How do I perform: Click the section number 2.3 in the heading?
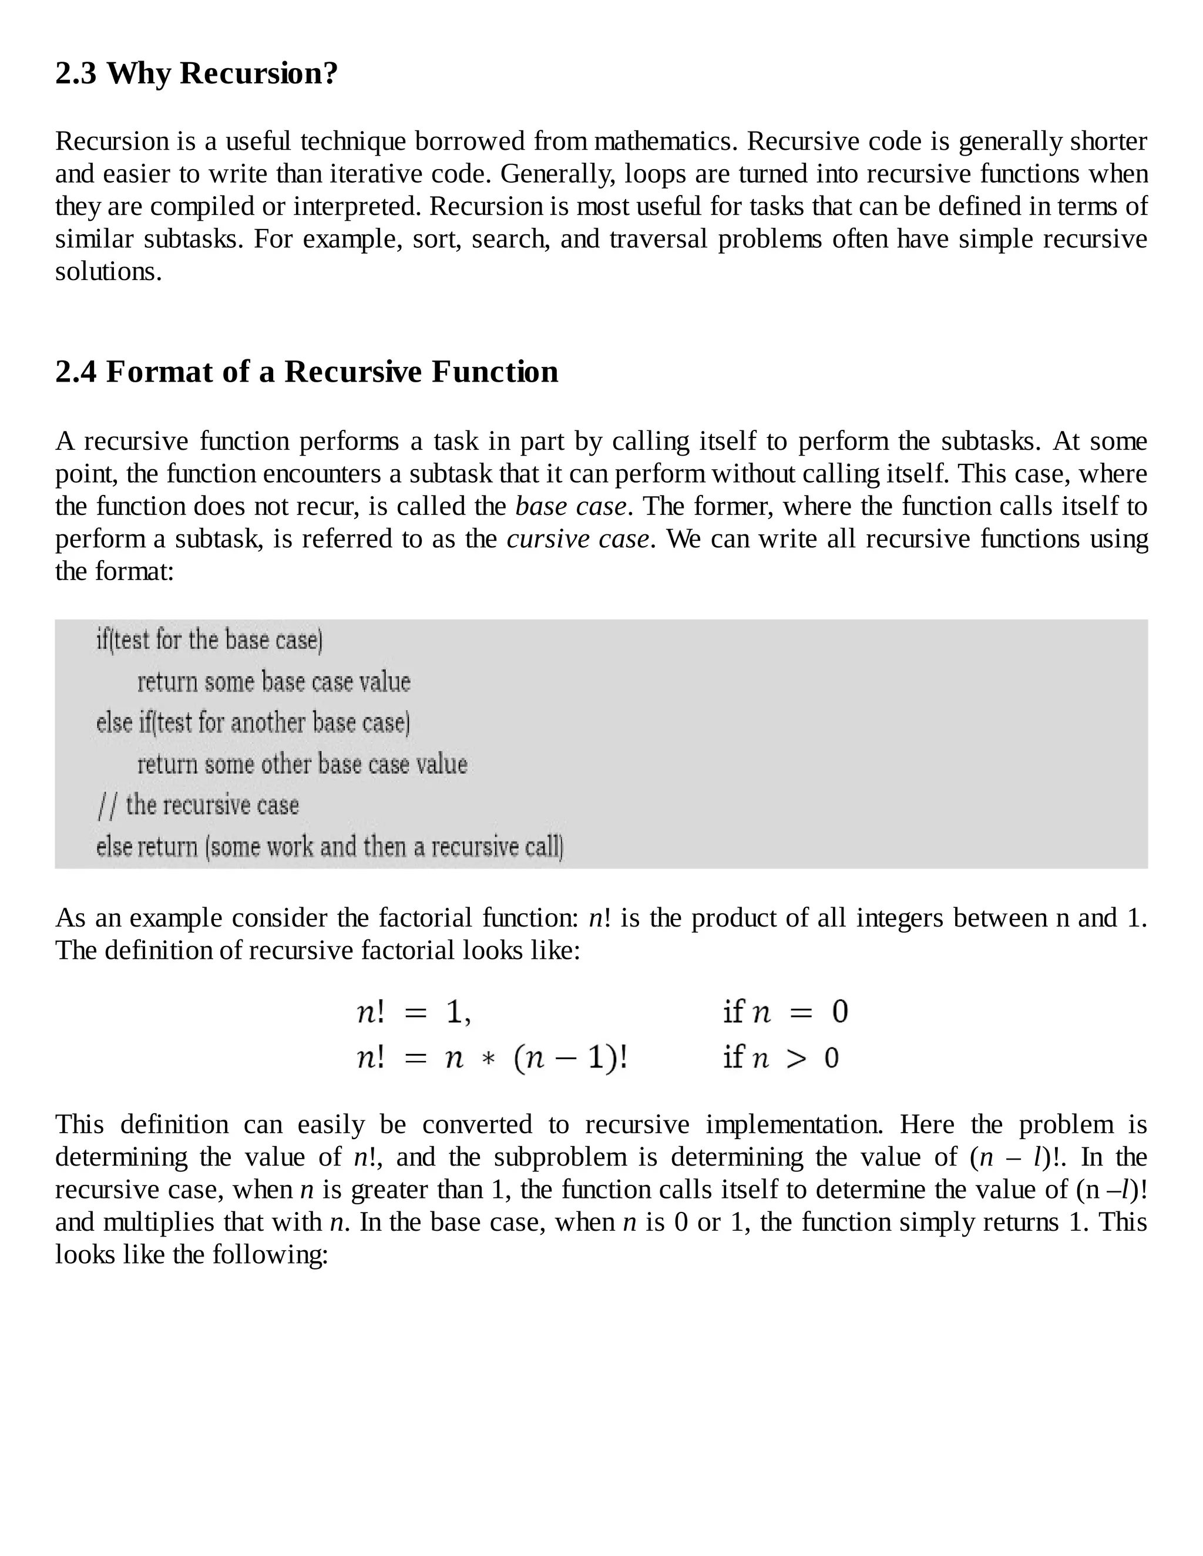tap(76, 73)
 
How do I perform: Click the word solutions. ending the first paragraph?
tap(108, 271)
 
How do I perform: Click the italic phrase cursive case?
tap(578, 538)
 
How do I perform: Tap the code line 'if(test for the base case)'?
tap(210, 640)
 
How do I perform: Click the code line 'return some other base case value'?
tap(302, 764)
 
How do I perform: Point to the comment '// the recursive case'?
tap(198, 805)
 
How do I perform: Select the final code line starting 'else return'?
tap(330, 847)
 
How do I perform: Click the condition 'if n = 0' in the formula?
tap(785, 1012)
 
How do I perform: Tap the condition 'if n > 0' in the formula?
tap(781, 1058)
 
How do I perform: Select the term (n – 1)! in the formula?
tap(570, 1058)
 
